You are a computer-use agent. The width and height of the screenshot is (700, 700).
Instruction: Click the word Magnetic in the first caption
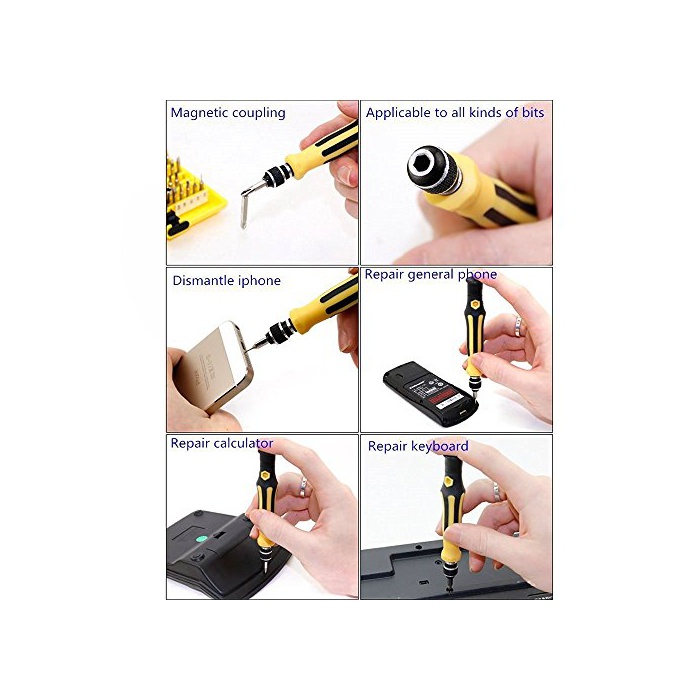pyautogui.click(x=198, y=113)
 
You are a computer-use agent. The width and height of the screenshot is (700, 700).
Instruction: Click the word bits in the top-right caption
pyautogui.click(x=533, y=112)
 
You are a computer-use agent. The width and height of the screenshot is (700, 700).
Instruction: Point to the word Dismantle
pyautogui.click(x=203, y=280)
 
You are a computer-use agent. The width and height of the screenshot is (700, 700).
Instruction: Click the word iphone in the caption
pyautogui.click(x=259, y=280)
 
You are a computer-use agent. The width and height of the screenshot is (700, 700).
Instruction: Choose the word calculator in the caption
pyautogui.click(x=243, y=443)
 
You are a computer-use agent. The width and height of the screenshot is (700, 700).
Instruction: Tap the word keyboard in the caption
pyautogui.click(x=440, y=446)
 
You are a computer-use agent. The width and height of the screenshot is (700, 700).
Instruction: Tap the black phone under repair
pyautogui.click(x=430, y=393)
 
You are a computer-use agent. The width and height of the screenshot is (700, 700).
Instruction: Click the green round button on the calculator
pyautogui.click(x=202, y=538)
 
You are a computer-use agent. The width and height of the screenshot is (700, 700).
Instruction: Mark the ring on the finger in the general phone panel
pyautogui.click(x=518, y=326)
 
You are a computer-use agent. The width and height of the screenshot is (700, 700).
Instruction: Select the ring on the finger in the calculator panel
pyautogui.click(x=303, y=487)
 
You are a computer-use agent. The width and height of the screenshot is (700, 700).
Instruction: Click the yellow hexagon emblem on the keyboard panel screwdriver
pyautogui.click(x=448, y=481)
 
